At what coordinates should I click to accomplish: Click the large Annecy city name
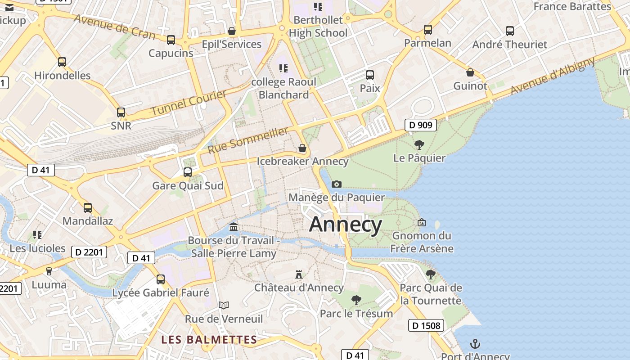[x=346, y=224]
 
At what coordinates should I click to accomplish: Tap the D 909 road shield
[x=421, y=125]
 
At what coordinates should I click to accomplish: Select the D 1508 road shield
[x=426, y=325]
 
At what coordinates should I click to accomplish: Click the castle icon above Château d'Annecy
[x=298, y=274]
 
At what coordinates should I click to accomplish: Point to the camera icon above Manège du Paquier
[x=336, y=184]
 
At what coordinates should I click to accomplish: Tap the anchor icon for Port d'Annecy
[x=475, y=344]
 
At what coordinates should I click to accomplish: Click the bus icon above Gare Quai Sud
[x=188, y=172]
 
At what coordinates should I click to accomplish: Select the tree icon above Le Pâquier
[x=419, y=144]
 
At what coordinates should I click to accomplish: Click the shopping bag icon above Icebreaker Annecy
[x=302, y=148]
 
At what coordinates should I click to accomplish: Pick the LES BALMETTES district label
[x=209, y=340]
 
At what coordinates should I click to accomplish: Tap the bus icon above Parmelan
[x=427, y=30]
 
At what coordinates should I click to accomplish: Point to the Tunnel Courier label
[x=189, y=103]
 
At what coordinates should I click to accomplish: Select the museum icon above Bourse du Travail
[x=233, y=226]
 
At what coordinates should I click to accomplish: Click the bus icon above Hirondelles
[x=62, y=62]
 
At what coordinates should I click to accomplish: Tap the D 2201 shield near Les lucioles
[x=89, y=252]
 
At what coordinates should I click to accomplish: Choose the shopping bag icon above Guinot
[x=470, y=72]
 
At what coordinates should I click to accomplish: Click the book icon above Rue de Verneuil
[x=224, y=305]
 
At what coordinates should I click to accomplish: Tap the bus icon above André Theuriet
[x=509, y=31]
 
